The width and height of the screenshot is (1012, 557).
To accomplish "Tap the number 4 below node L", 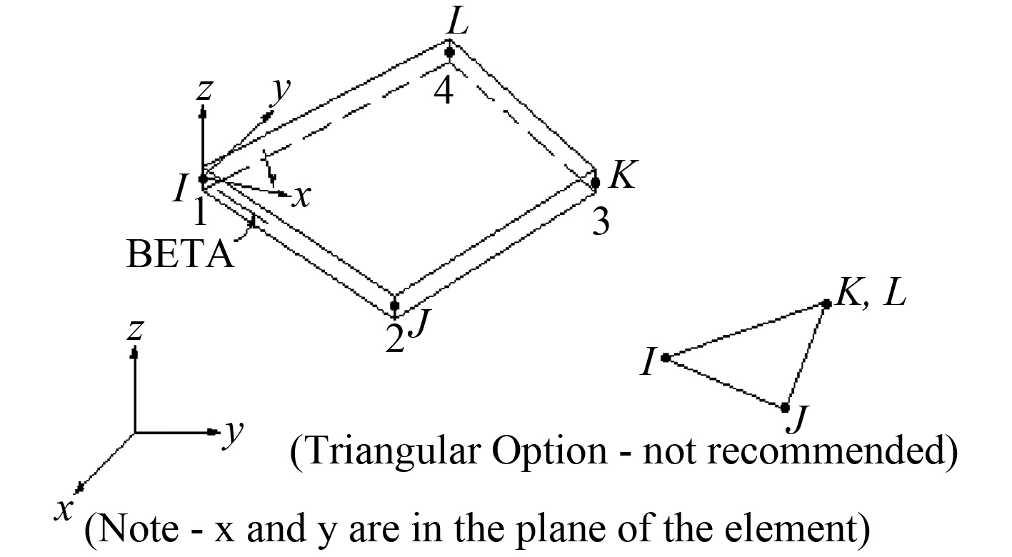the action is pos(444,91).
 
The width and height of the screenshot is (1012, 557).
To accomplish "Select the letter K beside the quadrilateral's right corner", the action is pos(622,174).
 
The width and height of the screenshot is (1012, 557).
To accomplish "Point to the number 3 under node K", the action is pos(601,223).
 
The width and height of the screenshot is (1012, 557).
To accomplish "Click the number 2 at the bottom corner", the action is pos(394,339).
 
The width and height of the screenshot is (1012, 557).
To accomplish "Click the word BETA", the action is pos(180,255).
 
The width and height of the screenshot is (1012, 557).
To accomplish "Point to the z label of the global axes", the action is pos(134,329).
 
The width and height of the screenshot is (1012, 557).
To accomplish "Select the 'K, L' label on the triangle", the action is pos(871,293).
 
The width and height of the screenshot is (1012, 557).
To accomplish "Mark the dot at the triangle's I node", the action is pos(665,357).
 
